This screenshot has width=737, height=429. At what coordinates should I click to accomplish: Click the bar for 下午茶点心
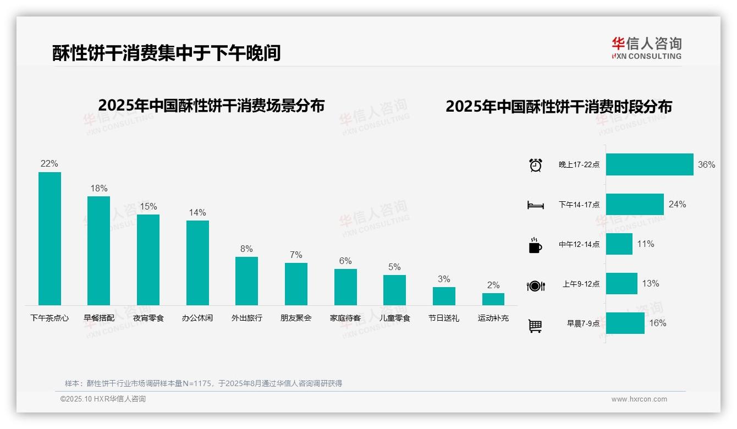point(50,239)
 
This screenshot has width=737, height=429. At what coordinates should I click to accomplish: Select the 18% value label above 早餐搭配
point(99,189)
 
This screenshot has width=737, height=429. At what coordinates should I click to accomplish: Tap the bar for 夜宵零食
point(148,260)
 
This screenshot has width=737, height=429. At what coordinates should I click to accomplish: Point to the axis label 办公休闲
point(197,318)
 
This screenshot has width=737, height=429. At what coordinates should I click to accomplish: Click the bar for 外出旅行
point(246,281)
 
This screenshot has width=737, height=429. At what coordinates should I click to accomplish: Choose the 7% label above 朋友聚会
point(296,255)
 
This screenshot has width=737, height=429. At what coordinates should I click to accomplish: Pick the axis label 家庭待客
point(345,318)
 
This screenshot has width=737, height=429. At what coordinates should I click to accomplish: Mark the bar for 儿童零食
point(394,290)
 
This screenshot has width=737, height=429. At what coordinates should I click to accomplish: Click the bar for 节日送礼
point(444,296)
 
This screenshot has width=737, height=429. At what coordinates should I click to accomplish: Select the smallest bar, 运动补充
point(493,299)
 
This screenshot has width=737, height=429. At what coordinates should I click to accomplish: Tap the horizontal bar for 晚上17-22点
point(650,164)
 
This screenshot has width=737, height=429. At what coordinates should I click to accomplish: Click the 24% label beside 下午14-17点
point(677,205)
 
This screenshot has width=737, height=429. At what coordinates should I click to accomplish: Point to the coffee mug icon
point(535,245)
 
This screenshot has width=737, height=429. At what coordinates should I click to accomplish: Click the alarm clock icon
point(535,165)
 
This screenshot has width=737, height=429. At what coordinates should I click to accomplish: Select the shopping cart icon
point(535,326)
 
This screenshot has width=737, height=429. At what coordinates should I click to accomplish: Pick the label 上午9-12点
point(581,284)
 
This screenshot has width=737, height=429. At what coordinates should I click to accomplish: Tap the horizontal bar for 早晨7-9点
point(625,323)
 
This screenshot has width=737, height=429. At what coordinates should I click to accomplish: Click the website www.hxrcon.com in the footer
point(639,399)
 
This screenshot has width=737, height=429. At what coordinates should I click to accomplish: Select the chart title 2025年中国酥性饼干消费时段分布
point(559,107)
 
